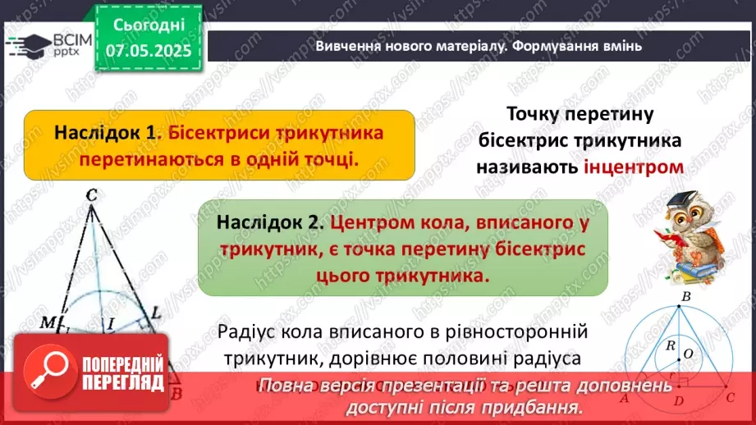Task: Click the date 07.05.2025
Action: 148,50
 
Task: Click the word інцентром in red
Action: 634,167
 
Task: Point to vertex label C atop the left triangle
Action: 90,195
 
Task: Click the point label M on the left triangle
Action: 48,320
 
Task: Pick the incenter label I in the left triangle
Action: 110,324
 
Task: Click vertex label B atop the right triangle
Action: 686,295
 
